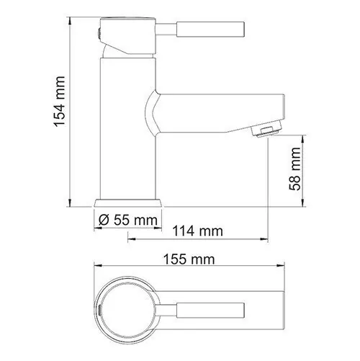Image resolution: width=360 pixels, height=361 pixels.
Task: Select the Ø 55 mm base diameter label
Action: tap(127, 219)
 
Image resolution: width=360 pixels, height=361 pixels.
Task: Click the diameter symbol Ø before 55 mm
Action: tap(103, 219)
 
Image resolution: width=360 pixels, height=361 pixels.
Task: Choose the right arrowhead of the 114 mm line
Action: tap(267, 240)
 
